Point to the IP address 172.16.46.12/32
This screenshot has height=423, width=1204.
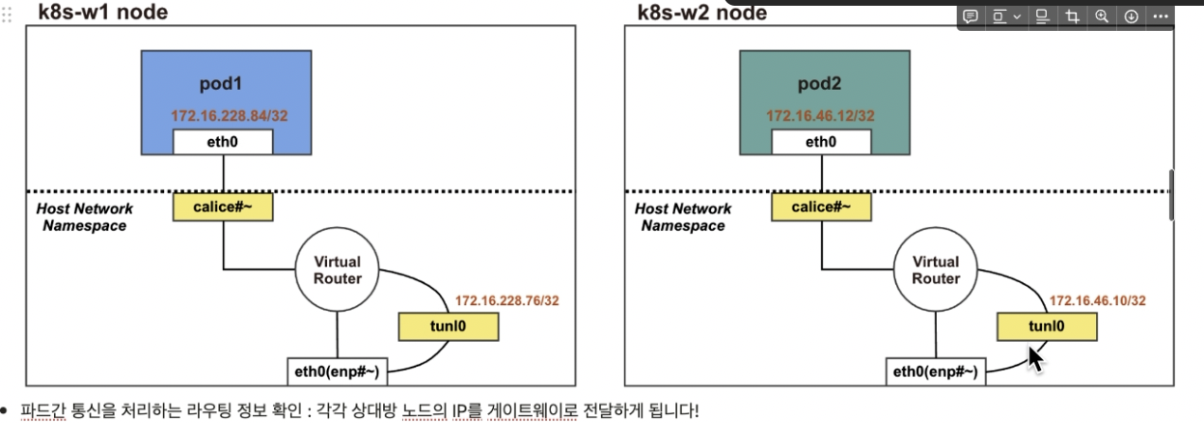[821, 116]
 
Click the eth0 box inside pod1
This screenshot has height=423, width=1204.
[223, 142]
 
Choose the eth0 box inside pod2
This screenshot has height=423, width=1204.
[821, 142]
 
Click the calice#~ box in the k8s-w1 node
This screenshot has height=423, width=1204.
[223, 206]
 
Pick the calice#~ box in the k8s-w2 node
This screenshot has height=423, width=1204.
[821, 206]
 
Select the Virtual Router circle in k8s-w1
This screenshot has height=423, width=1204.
[337, 269]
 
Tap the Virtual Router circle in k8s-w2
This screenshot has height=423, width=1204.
[936, 269]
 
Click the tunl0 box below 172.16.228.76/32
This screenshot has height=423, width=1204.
[448, 326]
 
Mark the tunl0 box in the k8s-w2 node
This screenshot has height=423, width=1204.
[1046, 326]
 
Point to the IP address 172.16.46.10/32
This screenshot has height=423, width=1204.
[1098, 300]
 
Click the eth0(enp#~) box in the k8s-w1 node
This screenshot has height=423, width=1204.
[337, 372]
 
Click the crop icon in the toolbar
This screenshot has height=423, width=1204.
[1072, 16]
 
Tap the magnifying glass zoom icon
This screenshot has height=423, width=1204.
[1102, 16]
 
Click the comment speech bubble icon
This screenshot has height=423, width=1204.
[971, 16]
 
